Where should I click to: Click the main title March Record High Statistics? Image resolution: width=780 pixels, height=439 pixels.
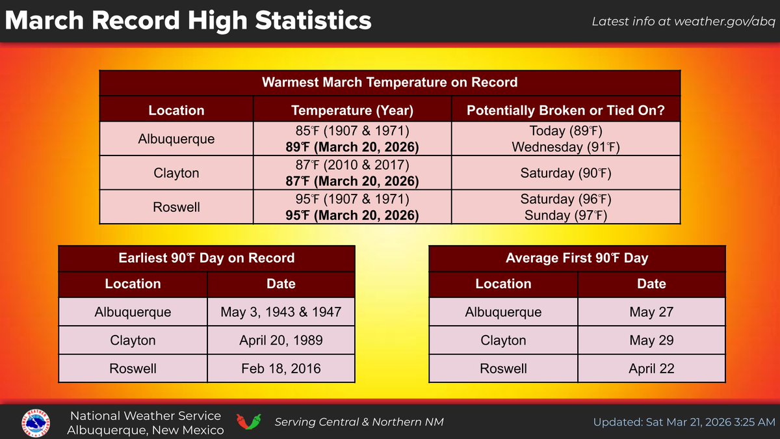[x=188, y=21]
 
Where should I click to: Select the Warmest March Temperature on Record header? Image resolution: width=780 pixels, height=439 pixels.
[x=389, y=83]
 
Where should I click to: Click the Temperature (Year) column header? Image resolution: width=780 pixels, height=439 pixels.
[x=352, y=111]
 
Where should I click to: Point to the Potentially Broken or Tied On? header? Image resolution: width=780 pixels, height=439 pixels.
[x=565, y=111]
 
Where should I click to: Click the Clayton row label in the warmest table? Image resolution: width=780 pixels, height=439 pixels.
[x=176, y=174]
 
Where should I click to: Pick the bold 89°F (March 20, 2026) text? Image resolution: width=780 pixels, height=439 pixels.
[x=352, y=146]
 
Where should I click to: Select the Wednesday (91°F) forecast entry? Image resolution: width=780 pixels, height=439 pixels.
[x=565, y=147]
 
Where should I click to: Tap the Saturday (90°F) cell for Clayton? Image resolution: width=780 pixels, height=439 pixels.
[x=565, y=174]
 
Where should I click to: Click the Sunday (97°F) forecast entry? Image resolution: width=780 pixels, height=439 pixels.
[x=565, y=215]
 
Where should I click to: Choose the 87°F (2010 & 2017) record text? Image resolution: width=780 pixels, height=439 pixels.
[x=352, y=166]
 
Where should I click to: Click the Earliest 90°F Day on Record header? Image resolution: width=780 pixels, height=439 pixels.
[x=207, y=258]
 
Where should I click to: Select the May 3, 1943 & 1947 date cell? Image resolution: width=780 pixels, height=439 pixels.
[x=281, y=312]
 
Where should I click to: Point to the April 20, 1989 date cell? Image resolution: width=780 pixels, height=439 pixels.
[x=281, y=340]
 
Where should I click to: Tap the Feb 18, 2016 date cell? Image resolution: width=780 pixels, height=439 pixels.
[x=281, y=369]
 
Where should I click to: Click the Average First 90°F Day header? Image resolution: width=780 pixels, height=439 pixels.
[x=577, y=258]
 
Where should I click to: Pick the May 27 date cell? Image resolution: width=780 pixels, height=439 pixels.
[x=651, y=312]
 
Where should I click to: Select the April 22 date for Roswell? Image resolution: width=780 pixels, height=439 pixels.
[x=651, y=369]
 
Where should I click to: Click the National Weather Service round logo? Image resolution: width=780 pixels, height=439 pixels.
[x=37, y=422]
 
